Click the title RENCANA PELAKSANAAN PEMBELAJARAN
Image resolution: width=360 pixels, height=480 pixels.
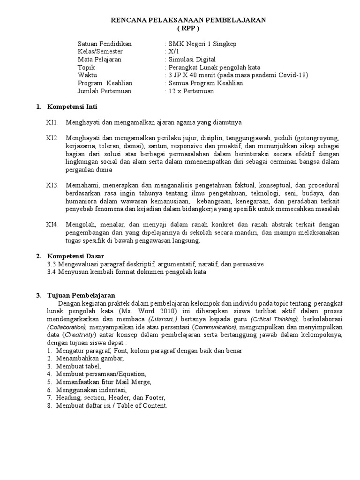pyautogui.click(x=188, y=20)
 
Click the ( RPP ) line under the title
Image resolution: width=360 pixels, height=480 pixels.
pyautogui.click(x=187, y=28)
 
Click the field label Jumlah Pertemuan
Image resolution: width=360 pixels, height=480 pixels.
pyautogui.click(x=105, y=91)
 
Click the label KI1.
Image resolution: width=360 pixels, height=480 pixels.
pyautogui.click(x=52, y=123)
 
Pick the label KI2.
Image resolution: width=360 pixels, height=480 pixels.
pyautogui.click(x=52, y=139)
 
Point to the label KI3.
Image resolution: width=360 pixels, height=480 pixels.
pyautogui.click(x=52, y=185)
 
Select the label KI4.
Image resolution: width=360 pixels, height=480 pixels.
pyautogui.click(x=52, y=225)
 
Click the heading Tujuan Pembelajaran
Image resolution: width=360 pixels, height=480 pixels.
pyautogui.click(x=82, y=295)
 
